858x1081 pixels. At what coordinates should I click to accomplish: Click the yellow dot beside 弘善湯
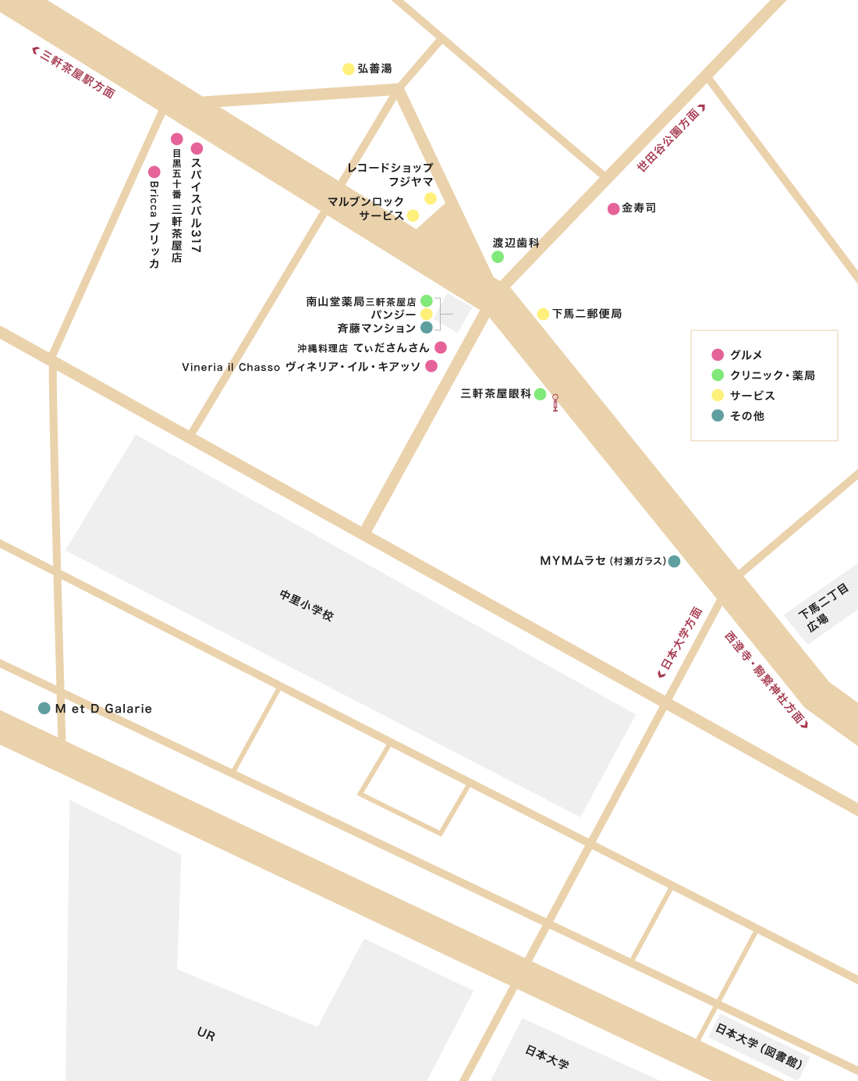(x=349, y=69)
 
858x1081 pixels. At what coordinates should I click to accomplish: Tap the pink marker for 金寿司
(x=614, y=208)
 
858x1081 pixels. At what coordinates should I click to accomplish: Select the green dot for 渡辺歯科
(x=498, y=257)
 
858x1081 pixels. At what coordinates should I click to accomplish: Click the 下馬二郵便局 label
(x=587, y=314)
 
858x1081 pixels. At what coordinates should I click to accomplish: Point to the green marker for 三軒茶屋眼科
(x=540, y=394)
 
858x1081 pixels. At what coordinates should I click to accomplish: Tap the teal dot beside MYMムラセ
(x=674, y=561)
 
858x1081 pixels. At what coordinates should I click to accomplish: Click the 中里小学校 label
(x=307, y=605)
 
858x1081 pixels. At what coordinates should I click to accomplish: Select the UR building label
(x=206, y=1034)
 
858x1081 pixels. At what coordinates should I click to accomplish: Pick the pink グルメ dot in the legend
(x=718, y=355)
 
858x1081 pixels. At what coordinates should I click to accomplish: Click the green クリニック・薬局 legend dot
(x=718, y=375)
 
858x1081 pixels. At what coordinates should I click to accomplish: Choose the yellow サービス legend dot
(x=718, y=396)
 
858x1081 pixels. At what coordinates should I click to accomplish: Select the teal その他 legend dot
(x=718, y=416)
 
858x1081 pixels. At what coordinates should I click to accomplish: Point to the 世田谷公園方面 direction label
(x=670, y=139)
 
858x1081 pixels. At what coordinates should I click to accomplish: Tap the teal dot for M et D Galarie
(x=44, y=708)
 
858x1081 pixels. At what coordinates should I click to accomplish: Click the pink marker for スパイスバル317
(x=197, y=148)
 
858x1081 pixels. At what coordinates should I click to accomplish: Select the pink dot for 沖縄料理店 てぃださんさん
(x=441, y=347)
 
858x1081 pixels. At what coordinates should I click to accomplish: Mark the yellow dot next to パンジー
(x=427, y=314)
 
